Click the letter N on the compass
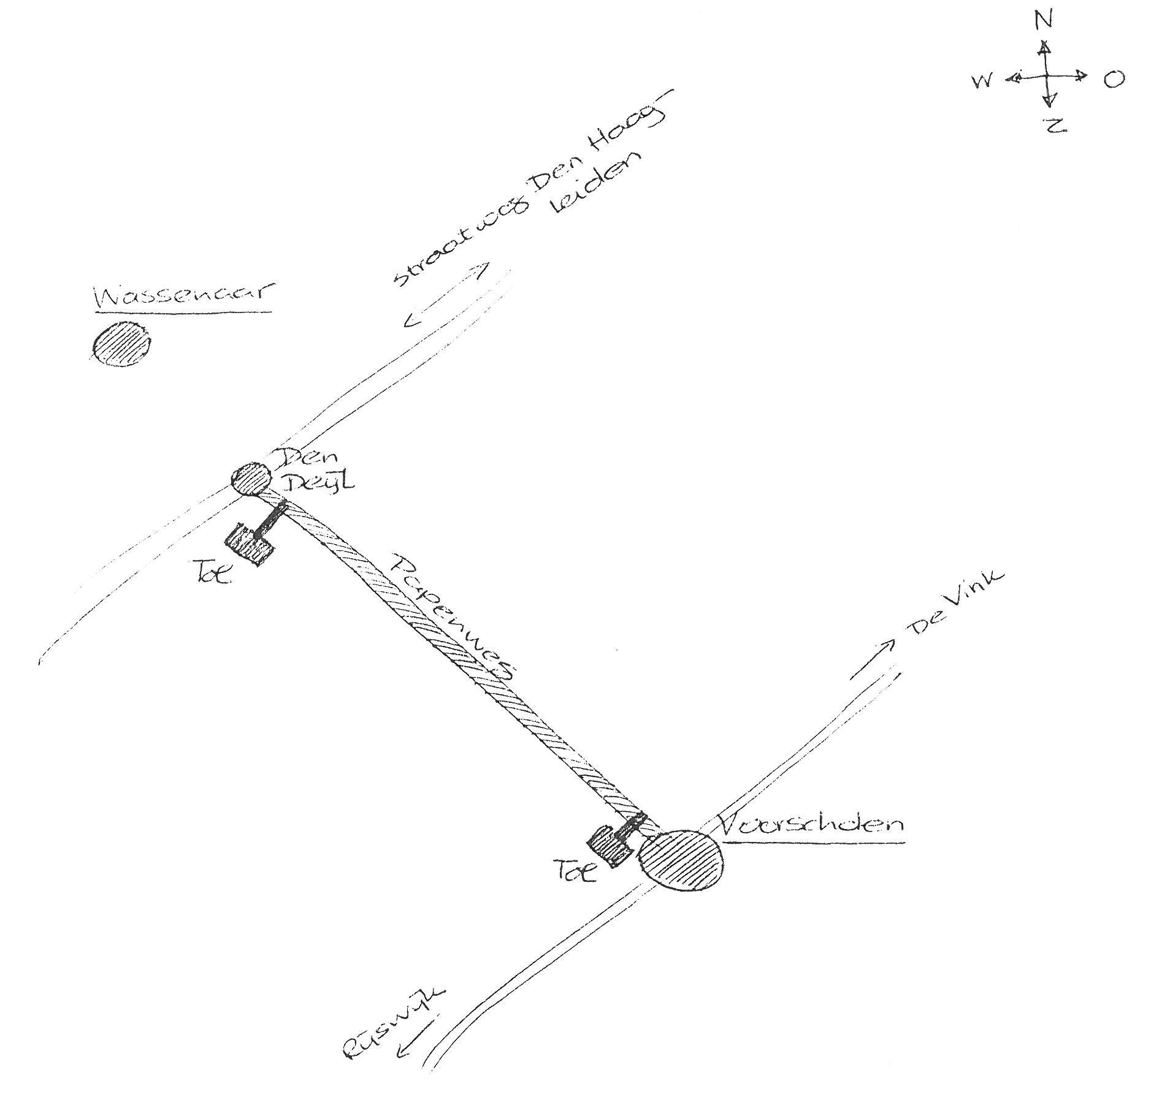click(x=1043, y=21)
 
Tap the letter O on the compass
click(x=1114, y=79)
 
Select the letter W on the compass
click(x=982, y=81)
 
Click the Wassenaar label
click(x=183, y=297)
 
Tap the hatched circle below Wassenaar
click(x=121, y=344)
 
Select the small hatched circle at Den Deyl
click(x=250, y=479)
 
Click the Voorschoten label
click(x=809, y=825)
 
